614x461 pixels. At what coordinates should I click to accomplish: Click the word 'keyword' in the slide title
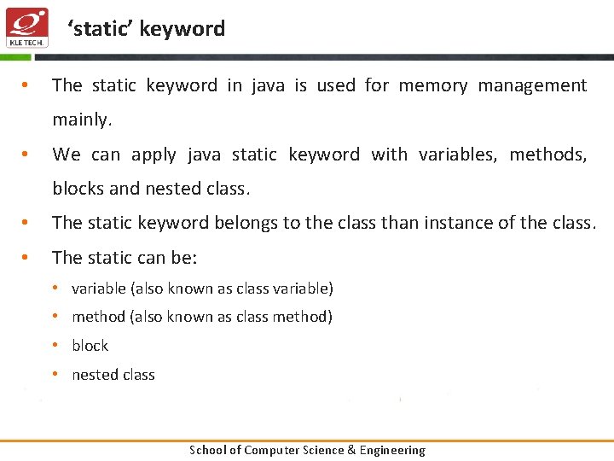pos(182,29)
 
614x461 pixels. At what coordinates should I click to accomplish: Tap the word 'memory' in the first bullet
pos(433,85)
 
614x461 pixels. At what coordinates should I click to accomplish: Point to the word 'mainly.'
pos(82,120)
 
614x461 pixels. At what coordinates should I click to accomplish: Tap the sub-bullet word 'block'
pos(90,346)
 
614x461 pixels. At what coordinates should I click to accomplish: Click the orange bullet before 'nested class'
pos(55,374)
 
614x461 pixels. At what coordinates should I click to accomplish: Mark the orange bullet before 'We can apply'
pos(26,155)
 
